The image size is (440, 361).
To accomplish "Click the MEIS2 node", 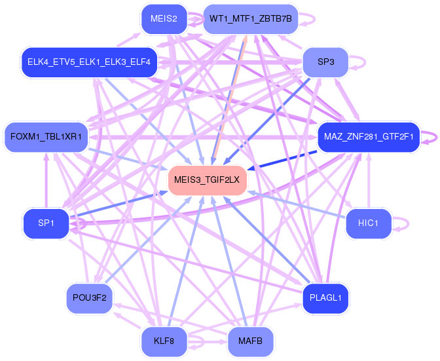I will point(164,19).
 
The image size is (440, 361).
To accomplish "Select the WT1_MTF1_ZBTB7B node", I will point(250,19).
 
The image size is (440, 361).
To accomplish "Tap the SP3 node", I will point(325,62).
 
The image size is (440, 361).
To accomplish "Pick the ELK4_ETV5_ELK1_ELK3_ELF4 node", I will point(89,62).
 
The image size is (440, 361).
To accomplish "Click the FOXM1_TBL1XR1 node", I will point(46,137).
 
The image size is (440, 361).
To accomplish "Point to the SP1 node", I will point(46,223).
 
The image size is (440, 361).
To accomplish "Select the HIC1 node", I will point(368,223).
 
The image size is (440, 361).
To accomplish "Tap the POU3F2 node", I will point(90,298).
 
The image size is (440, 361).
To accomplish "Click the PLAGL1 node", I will point(325,298).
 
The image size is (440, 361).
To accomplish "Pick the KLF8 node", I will point(164,341).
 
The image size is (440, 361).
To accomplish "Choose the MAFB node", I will point(250,341).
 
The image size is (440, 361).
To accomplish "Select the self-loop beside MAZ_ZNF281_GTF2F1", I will point(429,137).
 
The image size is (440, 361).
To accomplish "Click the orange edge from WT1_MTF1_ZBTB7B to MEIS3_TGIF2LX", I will point(229,98).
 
